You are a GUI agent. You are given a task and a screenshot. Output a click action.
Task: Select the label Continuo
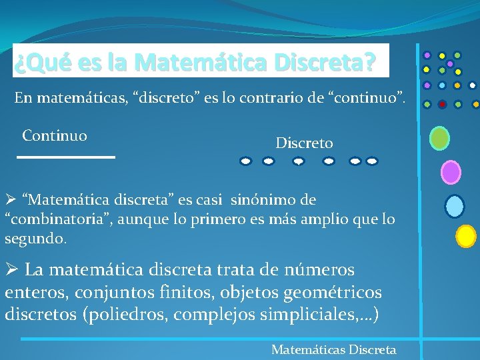(x=55, y=136)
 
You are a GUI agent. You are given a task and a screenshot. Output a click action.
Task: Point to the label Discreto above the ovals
(x=305, y=143)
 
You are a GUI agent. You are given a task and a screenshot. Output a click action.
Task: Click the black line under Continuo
(x=66, y=157)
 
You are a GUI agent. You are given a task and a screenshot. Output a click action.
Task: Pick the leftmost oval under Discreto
(x=246, y=161)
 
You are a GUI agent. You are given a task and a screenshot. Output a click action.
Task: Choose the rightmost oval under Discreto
(x=372, y=161)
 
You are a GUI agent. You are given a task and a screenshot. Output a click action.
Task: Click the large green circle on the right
(x=439, y=138)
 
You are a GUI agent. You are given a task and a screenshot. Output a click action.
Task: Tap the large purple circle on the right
(x=451, y=172)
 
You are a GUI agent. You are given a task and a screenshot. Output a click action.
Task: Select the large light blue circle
(x=455, y=206)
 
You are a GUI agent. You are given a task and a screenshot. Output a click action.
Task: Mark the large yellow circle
(x=466, y=235)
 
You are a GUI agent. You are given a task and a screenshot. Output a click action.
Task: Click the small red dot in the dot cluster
(x=442, y=104)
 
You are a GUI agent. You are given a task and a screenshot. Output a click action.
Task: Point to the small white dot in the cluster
(x=473, y=85)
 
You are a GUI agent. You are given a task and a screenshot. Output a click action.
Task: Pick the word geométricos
(x=339, y=292)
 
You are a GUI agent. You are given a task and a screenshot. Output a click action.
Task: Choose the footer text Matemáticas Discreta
(x=333, y=349)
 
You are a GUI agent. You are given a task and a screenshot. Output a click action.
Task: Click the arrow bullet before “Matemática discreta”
(x=10, y=200)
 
